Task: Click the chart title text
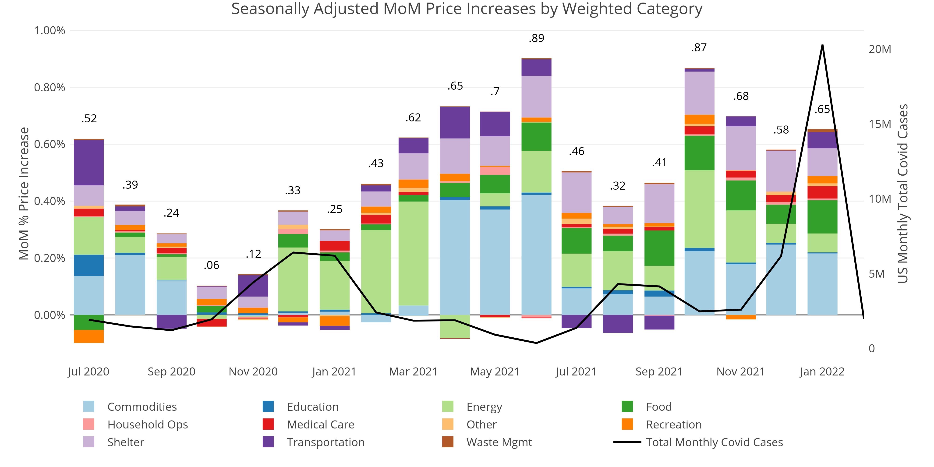tap(467, 9)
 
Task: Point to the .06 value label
tap(211, 265)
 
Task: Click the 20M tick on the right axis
tap(880, 49)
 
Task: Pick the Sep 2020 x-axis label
tap(171, 372)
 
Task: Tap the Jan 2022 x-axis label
tap(822, 372)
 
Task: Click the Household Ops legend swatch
tap(89, 424)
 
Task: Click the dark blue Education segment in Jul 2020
tap(89, 265)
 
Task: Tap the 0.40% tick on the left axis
tap(50, 201)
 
